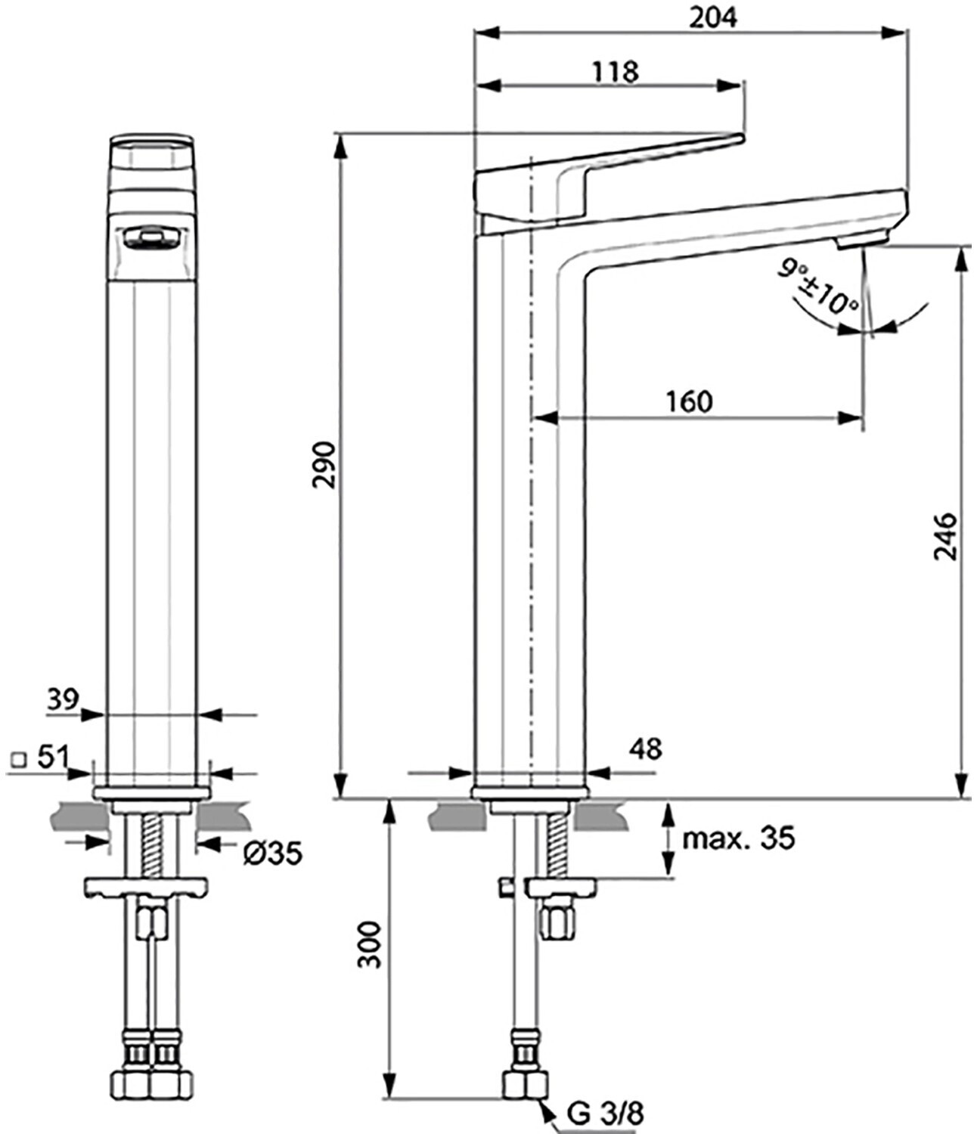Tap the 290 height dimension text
click(325, 465)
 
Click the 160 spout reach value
click(690, 402)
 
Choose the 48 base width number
click(647, 748)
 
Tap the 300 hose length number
click(369, 945)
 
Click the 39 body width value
click(63, 699)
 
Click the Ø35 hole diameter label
click(273, 854)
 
